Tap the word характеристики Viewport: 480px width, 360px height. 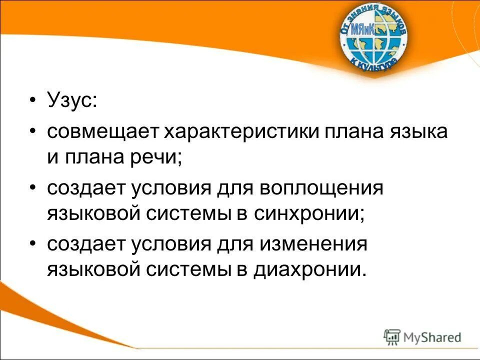pyautogui.click(x=243, y=132)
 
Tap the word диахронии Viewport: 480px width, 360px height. pyautogui.click(x=309, y=270)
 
